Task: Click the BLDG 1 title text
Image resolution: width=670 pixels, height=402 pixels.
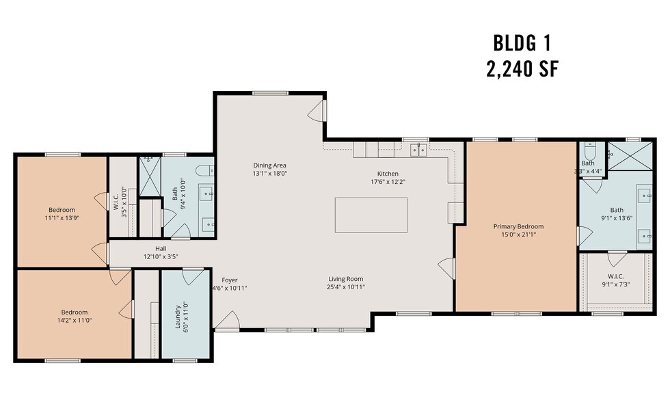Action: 522,43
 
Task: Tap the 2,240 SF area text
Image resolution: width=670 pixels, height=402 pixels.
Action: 522,69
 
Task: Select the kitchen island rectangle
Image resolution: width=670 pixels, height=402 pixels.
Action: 371,215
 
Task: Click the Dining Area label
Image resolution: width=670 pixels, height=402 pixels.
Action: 269,165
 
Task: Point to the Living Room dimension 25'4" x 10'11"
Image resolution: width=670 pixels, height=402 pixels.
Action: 346,287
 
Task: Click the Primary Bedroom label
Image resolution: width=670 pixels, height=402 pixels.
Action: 518,226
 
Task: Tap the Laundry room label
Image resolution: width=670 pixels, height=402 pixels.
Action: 178,317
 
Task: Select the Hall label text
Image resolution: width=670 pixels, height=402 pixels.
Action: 161,249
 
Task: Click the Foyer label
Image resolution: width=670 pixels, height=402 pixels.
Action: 230,280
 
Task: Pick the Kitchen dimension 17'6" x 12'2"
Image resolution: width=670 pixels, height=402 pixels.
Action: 388,182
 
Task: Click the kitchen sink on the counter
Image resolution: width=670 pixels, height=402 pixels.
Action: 418,150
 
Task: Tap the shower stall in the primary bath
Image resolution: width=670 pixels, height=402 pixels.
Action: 630,155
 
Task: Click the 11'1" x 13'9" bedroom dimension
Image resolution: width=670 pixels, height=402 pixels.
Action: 62,218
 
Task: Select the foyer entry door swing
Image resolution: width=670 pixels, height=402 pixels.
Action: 227,321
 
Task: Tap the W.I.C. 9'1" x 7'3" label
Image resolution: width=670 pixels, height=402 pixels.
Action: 616,280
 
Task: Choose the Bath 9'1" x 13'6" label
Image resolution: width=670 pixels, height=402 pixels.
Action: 617,213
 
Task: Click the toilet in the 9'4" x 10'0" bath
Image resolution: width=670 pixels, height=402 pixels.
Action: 205,171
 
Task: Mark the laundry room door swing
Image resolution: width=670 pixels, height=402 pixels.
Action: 193,277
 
